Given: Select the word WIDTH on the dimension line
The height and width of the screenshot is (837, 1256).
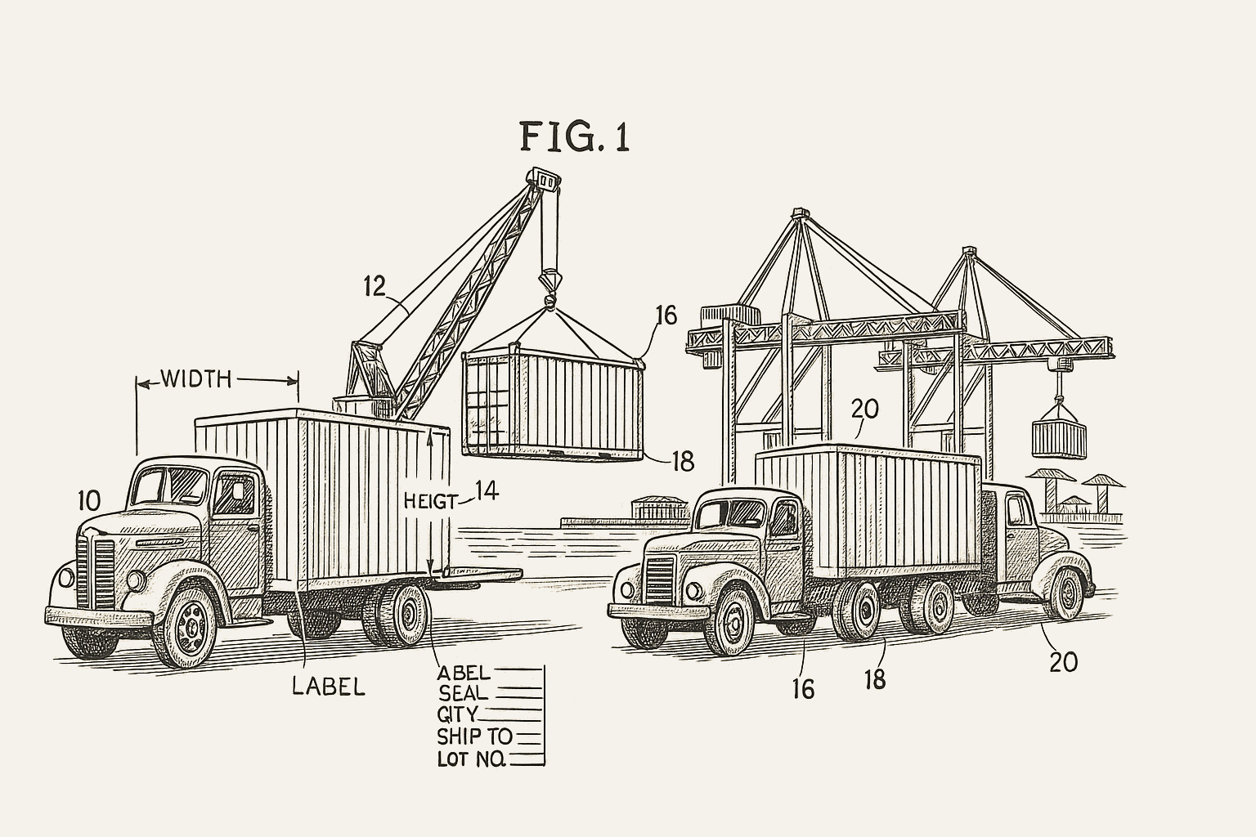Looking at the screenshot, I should (196, 379).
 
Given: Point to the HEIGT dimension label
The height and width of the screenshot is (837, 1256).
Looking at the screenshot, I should (431, 501).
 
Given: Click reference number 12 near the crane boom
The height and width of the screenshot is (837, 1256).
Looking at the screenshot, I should (375, 286).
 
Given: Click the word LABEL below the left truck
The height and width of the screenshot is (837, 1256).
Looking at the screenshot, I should (329, 686).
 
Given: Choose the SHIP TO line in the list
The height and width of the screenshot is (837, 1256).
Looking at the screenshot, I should (474, 736).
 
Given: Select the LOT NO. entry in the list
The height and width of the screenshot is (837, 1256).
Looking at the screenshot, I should (472, 759).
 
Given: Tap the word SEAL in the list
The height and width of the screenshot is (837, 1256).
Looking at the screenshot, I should (464, 693).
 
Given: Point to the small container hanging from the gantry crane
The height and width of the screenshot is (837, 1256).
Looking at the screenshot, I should (1059, 439).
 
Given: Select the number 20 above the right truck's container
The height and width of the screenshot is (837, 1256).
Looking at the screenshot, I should (864, 408).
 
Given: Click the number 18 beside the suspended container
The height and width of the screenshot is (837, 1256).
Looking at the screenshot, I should (682, 462).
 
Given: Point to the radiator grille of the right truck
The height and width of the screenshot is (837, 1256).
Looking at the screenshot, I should (659, 579).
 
